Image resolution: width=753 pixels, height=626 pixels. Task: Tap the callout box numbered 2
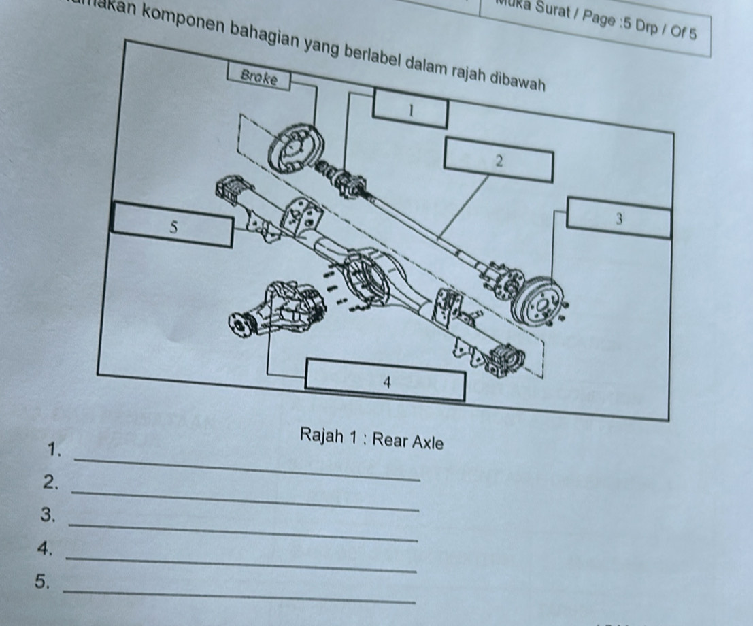tap(498, 161)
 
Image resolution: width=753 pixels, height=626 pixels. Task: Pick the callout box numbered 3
tap(618, 218)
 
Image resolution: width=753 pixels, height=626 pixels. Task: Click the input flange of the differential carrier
tap(239, 325)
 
